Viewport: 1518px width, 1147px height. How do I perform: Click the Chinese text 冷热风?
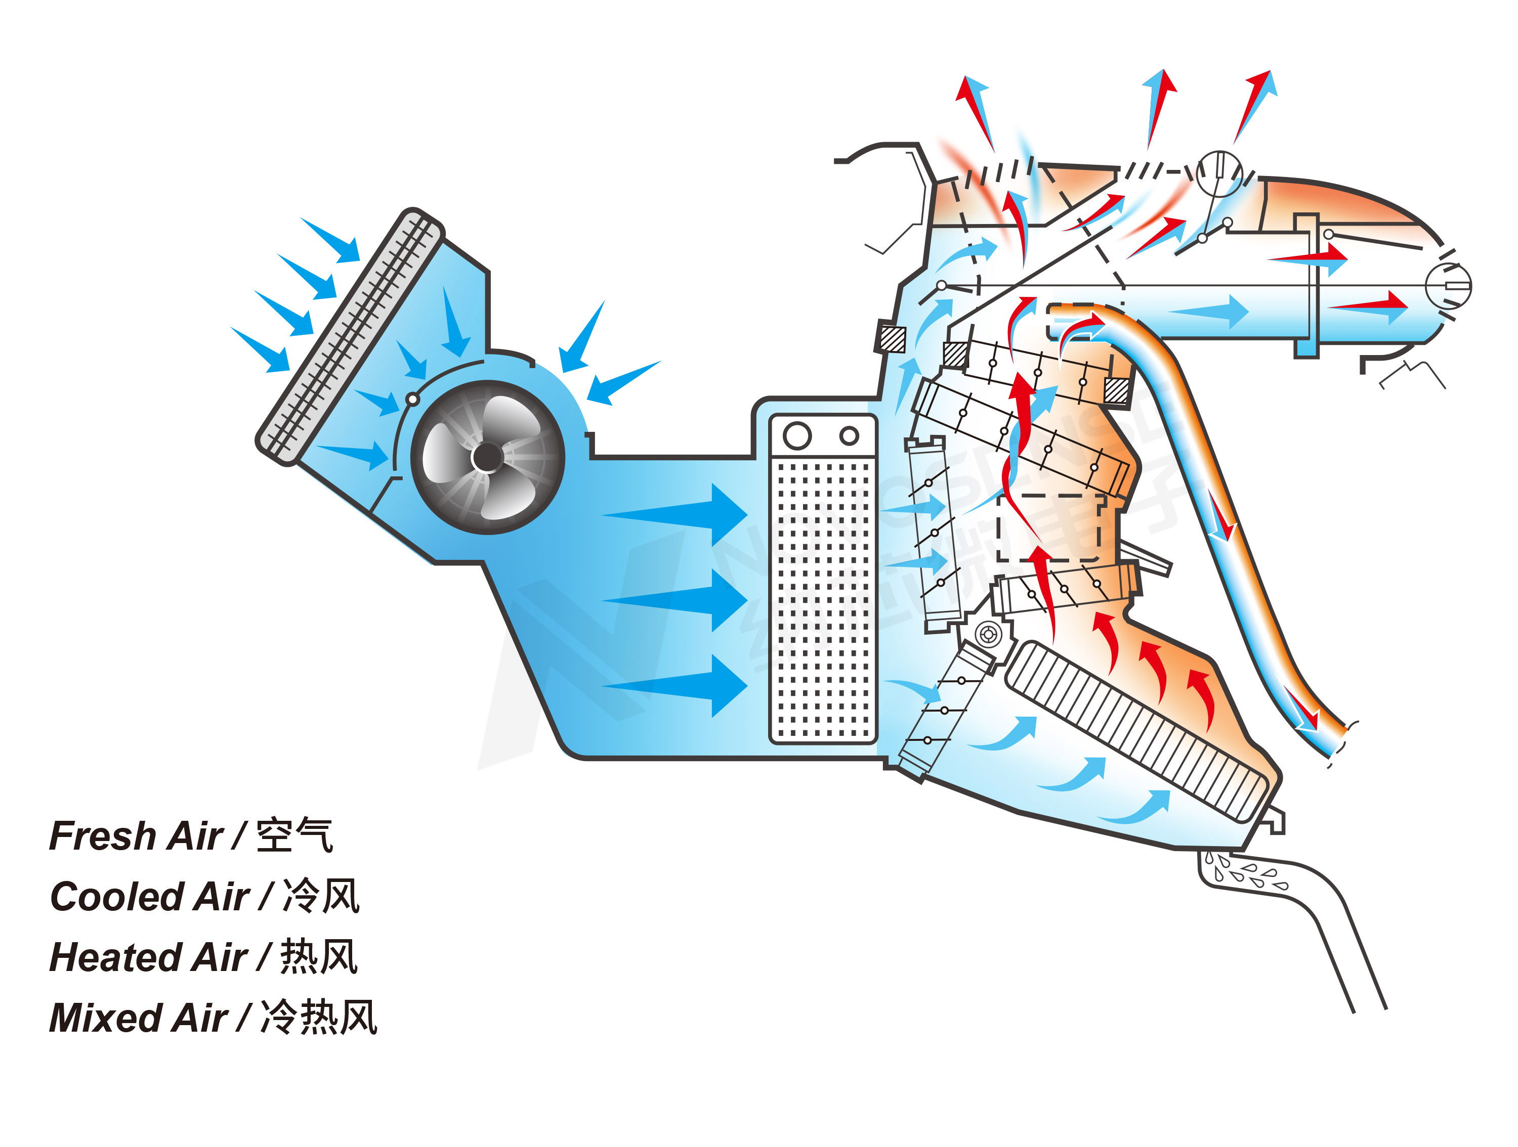319,1018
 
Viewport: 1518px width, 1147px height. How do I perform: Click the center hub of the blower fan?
487,458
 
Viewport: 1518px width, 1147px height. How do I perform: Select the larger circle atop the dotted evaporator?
797,435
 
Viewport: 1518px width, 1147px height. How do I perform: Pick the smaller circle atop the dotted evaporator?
849,435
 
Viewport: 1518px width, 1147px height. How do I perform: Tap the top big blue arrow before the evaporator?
686,514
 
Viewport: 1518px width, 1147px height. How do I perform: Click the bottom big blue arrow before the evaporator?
686,685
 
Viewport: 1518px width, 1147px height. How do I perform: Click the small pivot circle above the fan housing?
412,399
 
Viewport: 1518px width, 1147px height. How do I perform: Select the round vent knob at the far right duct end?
1448,286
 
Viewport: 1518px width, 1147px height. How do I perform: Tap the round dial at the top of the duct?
1219,173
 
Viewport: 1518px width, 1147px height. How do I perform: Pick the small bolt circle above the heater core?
989,635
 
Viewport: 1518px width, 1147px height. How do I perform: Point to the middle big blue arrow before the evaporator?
686,600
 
